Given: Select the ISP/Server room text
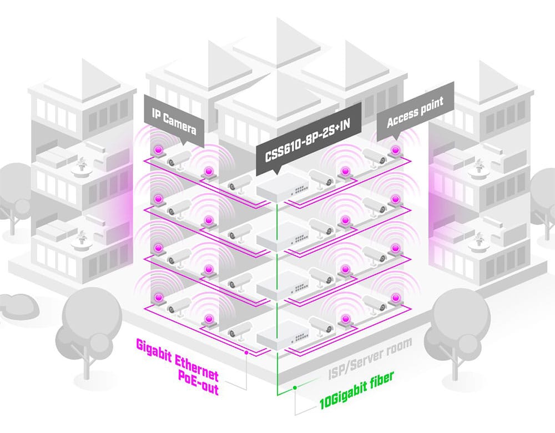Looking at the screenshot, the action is pyautogui.click(x=370, y=358).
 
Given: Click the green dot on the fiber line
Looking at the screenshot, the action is pyautogui.click(x=295, y=388).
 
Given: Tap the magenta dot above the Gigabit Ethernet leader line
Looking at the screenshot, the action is pyautogui.click(x=246, y=353).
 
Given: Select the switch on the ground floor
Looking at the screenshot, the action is pyautogui.click(x=282, y=335).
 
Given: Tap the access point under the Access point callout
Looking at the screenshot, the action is pyautogui.click(x=395, y=151).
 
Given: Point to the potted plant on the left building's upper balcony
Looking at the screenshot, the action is pyautogui.click(x=82, y=165).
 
